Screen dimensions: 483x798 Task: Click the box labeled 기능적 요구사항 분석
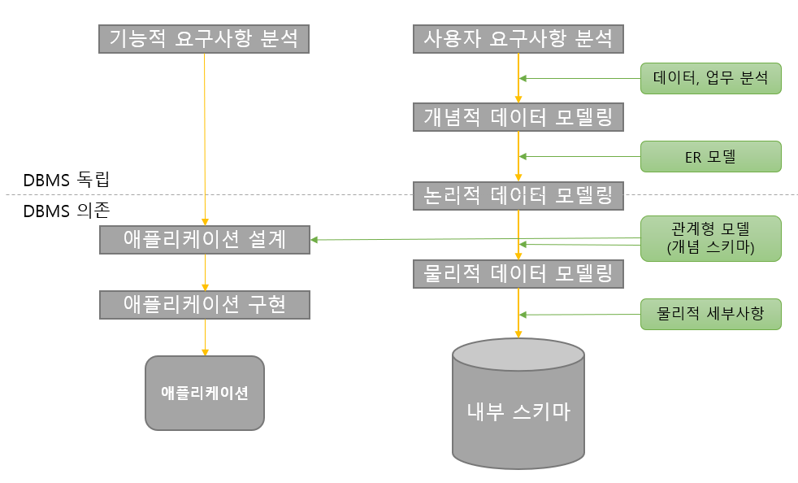pos(204,38)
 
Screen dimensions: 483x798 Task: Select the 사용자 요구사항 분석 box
pos(518,38)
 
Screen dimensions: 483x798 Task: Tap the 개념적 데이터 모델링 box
pos(518,117)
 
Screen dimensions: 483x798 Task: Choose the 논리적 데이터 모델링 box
pos(518,195)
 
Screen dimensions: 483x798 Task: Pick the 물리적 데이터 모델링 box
pos(518,274)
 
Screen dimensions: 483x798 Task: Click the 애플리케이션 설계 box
pos(204,240)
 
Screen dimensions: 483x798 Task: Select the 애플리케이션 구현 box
pos(204,304)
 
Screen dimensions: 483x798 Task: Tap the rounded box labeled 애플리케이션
pos(204,393)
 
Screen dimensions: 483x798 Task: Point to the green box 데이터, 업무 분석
pos(710,78)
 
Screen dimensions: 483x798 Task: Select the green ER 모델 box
pos(710,156)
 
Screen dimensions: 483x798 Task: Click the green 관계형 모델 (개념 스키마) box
pos(710,238)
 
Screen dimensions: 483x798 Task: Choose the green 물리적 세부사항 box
pos(710,314)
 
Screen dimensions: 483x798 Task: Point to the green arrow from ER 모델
pos(580,156)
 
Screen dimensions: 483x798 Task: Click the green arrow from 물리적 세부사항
pos(580,315)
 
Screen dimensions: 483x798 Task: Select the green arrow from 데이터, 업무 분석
pos(580,78)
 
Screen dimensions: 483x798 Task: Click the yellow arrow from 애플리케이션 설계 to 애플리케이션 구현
pos(205,272)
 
